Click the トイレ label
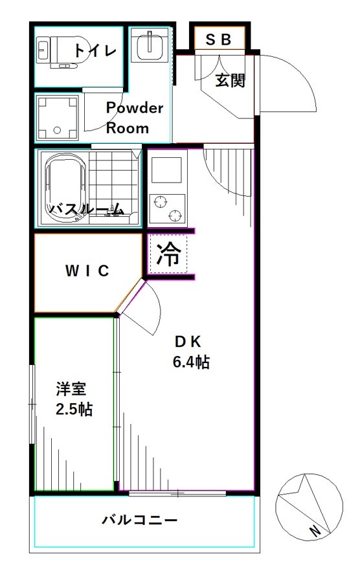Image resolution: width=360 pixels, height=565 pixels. tap(95, 50)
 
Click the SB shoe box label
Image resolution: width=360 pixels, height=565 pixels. tap(218, 39)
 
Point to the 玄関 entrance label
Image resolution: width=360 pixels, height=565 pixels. tap(231, 82)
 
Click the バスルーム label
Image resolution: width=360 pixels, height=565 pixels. tap(87, 209)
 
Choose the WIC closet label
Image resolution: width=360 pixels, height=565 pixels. tap(87, 271)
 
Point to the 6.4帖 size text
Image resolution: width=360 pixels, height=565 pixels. tap(190, 362)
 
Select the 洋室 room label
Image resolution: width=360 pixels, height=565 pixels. tap(71, 390)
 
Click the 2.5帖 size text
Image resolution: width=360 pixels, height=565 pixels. tap(73, 410)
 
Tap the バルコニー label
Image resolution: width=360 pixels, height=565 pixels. tap(139, 520)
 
